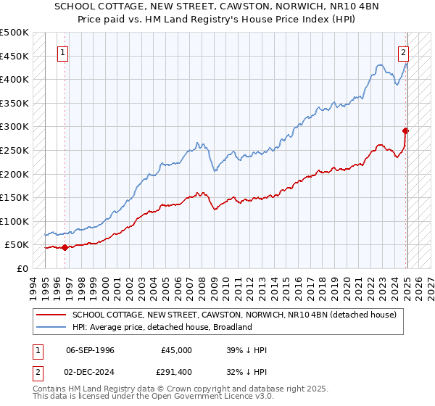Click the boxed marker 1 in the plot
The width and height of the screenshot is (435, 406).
click(x=63, y=53)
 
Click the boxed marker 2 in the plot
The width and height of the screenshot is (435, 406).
click(x=402, y=52)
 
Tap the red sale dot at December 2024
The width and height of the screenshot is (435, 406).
click(x=406, y=130)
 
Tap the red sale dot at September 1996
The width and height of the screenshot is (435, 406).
click(x=65, y=247)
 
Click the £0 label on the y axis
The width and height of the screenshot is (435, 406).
click(x=23, y=268)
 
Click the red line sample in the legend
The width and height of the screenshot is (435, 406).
click(x=51, y=315)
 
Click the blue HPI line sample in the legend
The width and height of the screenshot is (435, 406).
click(x=51, y=327)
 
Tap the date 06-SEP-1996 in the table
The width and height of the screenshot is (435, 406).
click(x=90, y=350)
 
